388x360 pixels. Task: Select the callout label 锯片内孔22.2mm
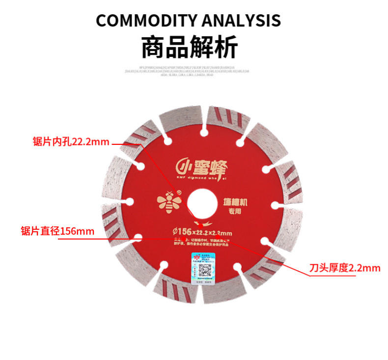71,142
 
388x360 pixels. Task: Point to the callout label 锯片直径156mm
58,231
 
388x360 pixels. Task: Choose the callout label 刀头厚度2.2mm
345,268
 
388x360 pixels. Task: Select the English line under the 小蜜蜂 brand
197,180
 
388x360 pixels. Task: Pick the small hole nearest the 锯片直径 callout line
139,238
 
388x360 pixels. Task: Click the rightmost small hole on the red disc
274,203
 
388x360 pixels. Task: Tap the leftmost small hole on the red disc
130,201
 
